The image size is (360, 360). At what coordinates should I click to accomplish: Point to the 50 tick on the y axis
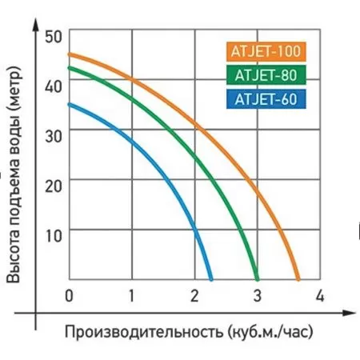coord(53,36)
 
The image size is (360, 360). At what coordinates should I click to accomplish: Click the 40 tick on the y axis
coord(53,86)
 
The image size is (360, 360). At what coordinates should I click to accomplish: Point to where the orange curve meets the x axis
coord(298,279)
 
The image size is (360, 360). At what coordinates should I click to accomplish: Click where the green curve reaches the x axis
coord(257,279)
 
